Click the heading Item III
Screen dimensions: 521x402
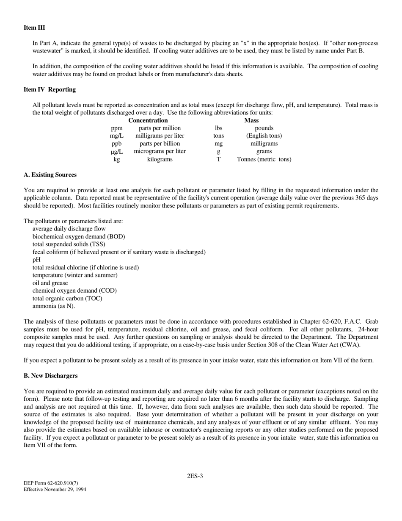[34, 28]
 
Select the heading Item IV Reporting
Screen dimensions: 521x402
[50, 89]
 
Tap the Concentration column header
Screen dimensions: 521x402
[148, 120]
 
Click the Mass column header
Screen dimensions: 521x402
[251, 120]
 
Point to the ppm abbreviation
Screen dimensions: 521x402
[117, 128]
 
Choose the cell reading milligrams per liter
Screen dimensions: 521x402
[160, 136]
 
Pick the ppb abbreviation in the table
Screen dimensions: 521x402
[116, 144]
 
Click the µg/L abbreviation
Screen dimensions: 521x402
[116, 151]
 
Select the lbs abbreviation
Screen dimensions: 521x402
[218, 128]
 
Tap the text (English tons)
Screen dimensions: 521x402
[264, 136]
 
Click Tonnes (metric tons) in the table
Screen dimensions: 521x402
[264, 159]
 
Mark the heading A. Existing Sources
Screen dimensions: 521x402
[50, 175]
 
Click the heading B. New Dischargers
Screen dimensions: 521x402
[51, 376]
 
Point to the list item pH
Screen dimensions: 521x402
[36, 260]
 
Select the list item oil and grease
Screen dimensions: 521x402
[50, 283]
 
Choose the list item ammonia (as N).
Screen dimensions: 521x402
[54, 306]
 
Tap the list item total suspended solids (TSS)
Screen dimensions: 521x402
[69, 244]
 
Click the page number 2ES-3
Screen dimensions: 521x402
[195, 476]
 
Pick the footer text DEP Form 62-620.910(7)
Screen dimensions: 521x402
[51, 483]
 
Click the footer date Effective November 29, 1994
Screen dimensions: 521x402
[55, 490]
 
